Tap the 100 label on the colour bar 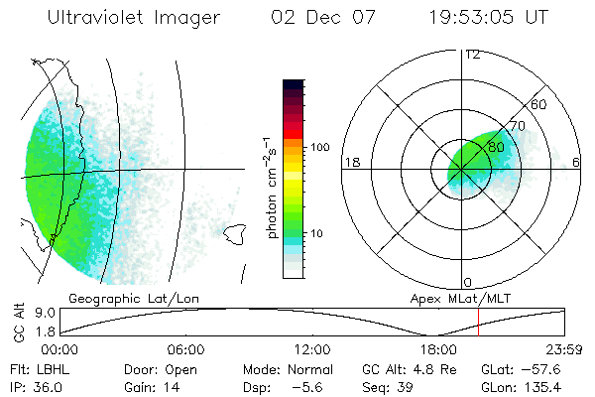pos(319,147)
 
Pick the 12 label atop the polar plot pos(472,54)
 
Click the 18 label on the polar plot pos(351,161)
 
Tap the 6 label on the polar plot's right pos(577,161)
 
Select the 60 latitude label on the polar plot pos(540,104)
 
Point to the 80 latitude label pos(497,147)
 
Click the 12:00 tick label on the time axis pos(311,349)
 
